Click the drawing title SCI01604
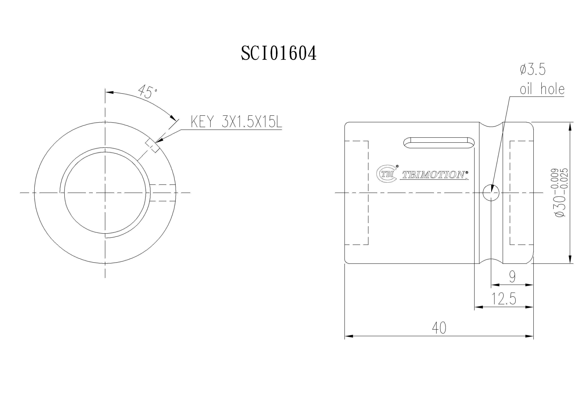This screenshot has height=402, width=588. tap(278, 53)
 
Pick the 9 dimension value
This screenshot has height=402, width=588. tap(512, 277)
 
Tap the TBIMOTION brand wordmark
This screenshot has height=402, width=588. tap(434, 175)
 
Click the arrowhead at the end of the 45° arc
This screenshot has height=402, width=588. tap(173, 118)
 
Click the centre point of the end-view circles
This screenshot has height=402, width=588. tap(105, 193)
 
